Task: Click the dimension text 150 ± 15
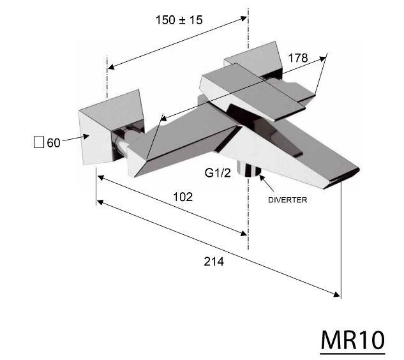pos(179,20)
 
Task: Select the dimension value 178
pos(297,58)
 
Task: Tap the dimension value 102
pos(183,197)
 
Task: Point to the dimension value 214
pos(213,261)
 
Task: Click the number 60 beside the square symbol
pos(53,142)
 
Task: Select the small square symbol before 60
pos(38,142)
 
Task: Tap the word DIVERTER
pos(287,200)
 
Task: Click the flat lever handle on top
pos(255,93)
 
